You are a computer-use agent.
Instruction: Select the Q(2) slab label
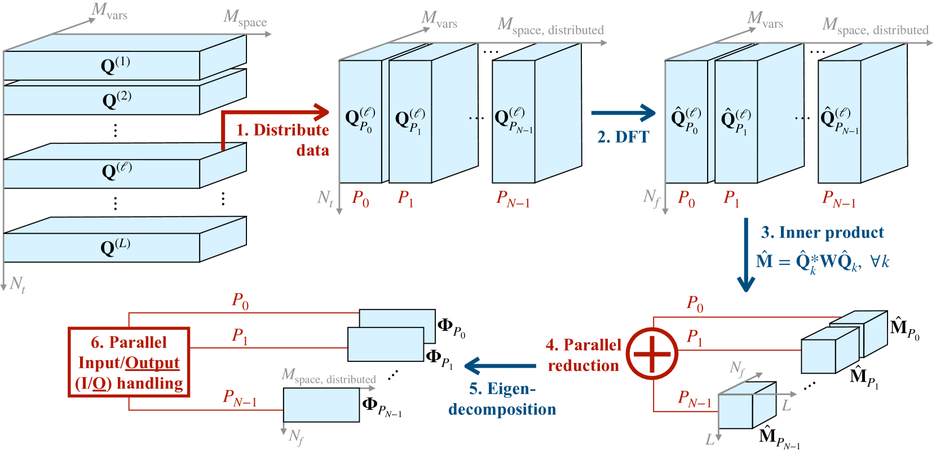117,100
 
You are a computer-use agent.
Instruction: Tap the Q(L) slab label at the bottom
116,246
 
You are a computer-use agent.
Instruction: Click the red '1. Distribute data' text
283,140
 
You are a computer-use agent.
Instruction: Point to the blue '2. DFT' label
623,137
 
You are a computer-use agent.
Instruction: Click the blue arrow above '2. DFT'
623,113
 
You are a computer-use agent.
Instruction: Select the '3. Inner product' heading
823,232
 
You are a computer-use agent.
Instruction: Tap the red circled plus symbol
652,353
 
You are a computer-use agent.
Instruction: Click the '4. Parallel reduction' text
584,355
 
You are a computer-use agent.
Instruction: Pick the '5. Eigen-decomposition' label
502,399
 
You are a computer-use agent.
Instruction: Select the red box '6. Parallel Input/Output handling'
129,362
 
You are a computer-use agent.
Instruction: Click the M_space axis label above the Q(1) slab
245,18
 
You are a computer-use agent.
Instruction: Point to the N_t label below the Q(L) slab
17,284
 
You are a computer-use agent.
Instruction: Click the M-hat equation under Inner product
823,262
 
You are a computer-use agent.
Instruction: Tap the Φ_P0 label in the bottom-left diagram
452,327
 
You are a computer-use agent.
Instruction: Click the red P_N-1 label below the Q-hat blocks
838,199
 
